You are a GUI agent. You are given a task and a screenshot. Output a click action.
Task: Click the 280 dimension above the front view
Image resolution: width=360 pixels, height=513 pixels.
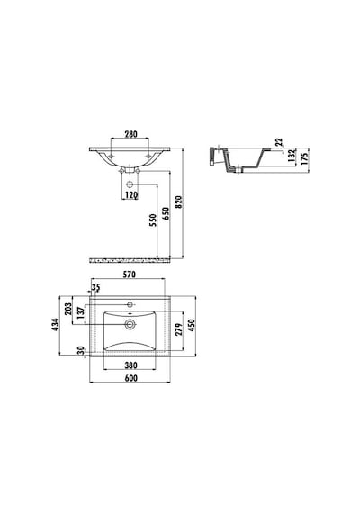[130, 134]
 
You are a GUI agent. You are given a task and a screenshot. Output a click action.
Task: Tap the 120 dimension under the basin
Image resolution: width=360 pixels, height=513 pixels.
[130, 195]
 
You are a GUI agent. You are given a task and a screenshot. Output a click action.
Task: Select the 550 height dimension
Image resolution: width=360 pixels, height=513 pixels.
[153, 220]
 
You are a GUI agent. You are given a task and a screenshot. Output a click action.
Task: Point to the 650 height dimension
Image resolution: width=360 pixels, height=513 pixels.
[166, 213]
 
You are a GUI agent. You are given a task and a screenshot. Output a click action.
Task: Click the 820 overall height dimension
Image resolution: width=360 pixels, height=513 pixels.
[178, 202]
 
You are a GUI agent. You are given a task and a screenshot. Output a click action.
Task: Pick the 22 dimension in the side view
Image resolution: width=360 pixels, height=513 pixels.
[279, 142]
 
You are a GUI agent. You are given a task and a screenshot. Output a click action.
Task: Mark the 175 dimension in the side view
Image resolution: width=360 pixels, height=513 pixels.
[304, 157]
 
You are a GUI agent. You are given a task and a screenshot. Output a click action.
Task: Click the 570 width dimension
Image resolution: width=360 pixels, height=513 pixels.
[130, 274]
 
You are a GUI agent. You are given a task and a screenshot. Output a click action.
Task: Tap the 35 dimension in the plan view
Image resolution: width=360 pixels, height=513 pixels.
[95, 288]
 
